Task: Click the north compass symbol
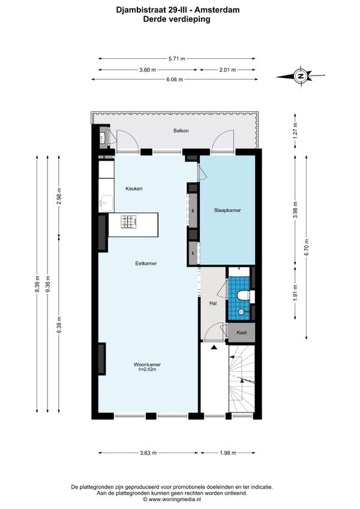point(301,76)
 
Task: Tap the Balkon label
point(181,131)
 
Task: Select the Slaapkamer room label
point(227,210)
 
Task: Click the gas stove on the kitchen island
point(128,221)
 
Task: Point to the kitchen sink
point(106,203)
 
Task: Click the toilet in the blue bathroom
point(243,296)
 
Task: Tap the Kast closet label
point(242,333)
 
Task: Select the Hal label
point(213,304)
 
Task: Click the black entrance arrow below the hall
point(214,348)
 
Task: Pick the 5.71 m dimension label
point(176,59)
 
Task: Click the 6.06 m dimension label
point(175,79)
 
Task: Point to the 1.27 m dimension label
point(295,131)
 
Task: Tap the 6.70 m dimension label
point(306,247)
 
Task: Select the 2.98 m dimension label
point(59,196)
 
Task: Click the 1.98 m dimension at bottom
point(228,453)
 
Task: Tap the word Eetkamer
point(146,264)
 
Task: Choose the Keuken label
point(134,188)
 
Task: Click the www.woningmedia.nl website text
point(175,499)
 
